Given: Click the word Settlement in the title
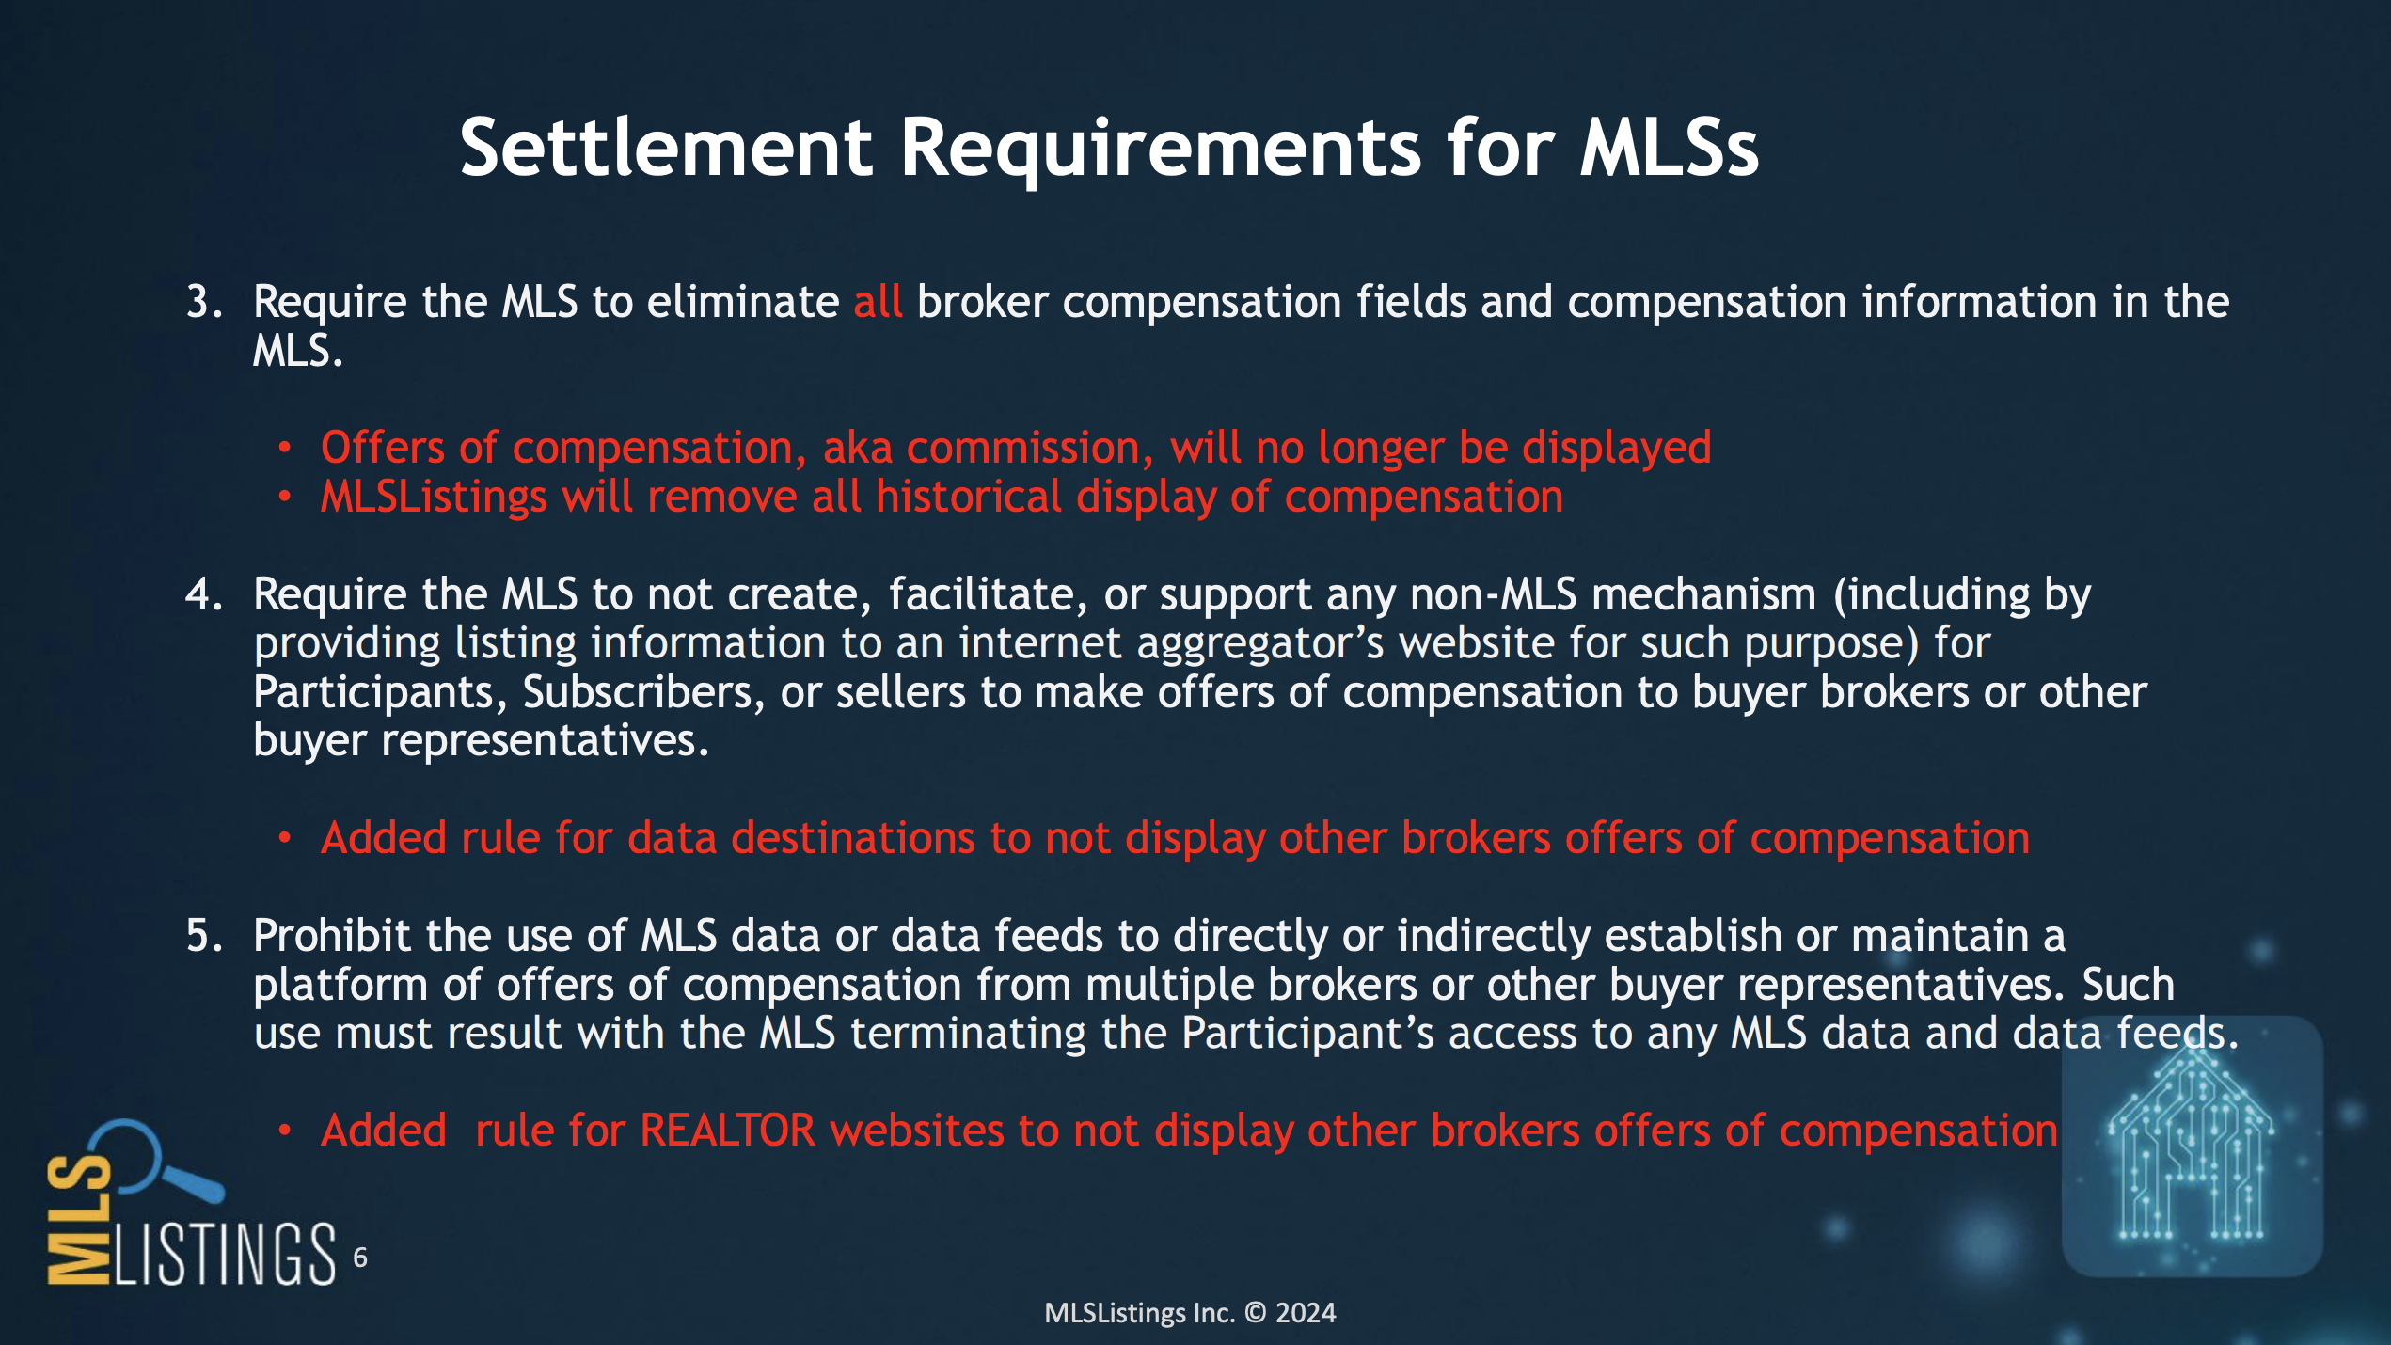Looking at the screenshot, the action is pyautogui.click(x=667, y=148).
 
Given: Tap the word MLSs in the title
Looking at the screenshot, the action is pyautogui.click(x=1669, y=148).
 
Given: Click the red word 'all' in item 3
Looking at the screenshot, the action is pyautogui.click(x=878, y=301).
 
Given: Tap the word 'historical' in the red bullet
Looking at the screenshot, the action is pyautogui.click(x=969, y=496).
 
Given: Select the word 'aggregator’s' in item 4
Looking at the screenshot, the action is pyautogui.click(x=1260, y=644).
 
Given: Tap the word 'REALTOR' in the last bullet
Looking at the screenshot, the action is pyautogui.click(x=727, y=1130).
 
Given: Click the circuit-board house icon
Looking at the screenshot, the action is pyautogui.click(x=2192, y=1146).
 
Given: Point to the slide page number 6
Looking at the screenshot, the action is pyautogui.click(x=360, y=1258).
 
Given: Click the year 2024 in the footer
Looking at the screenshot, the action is pyautogui.click(x=1306, y=1313).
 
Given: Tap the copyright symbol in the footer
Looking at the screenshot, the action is pyautogui.click(x=1256, y=1313).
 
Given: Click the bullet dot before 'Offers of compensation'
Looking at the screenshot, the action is pyautogui.click(x=285, y=448).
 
